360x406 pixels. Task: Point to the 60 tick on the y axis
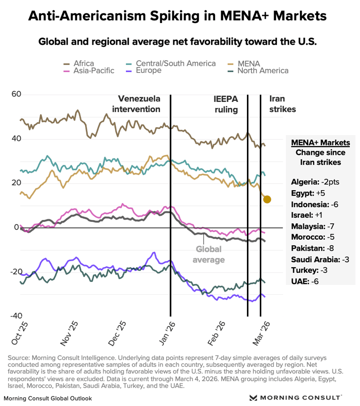[17, 95]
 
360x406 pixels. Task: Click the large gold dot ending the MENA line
[267, 199]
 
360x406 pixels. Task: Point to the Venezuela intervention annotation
[139, 104]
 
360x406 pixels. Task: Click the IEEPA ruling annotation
[226, 104]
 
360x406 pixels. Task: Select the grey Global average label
[210, 254]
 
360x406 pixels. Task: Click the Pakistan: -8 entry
[311, 248]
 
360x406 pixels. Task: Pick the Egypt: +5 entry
[307, 192]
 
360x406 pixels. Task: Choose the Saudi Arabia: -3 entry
[320, 259]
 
